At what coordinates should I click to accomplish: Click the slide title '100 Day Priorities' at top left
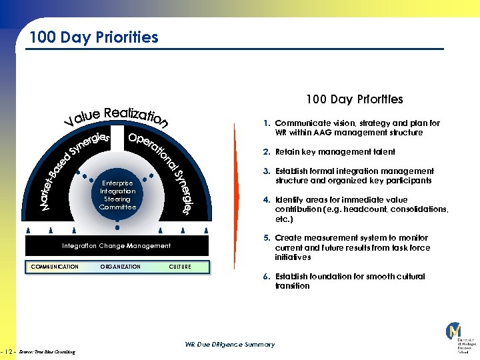[x=93, y=37]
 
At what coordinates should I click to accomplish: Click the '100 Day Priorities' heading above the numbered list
[x=354, y=99]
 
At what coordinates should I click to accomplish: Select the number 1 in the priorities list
[x=265, y=123]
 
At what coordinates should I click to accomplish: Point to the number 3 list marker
[x=265, y=171]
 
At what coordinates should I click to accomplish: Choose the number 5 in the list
[x=265, y=238]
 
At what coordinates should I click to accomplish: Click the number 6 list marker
[x=265, y=277]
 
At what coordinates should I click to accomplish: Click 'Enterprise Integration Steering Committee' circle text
[x=117, y=195]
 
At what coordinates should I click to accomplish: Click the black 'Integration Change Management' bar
[x=117, y=246]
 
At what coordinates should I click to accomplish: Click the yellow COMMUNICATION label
[x=55, y=267]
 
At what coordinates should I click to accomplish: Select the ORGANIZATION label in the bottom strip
[x=120, y=267]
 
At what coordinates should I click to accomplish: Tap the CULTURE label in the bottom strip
[x=180, y=267]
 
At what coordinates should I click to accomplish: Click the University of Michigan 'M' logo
[x=454, y=331]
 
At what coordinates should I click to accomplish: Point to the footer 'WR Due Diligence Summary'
[x=229, y=345]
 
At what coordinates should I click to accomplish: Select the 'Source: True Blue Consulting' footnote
[x=47, y=351]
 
